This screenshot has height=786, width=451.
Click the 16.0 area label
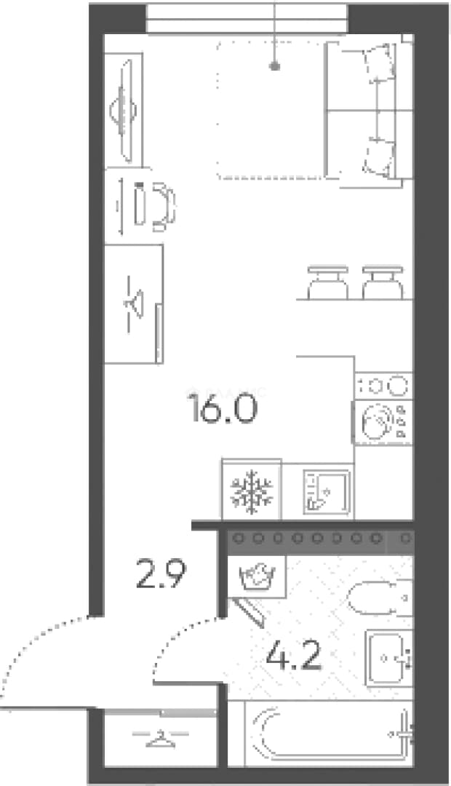[222, 408]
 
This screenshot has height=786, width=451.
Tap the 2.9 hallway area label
[161, 574]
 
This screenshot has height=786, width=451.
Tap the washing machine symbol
[257, 576]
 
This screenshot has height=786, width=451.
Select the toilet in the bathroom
[380, 598]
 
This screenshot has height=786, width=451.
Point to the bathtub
[329, 733]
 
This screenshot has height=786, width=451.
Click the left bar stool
[327, 282]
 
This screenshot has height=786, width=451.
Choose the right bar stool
[383, 282]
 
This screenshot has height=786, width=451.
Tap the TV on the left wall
[125, 111]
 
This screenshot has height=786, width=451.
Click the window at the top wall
[247, 18]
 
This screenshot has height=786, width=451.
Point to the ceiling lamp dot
[275, 65]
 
